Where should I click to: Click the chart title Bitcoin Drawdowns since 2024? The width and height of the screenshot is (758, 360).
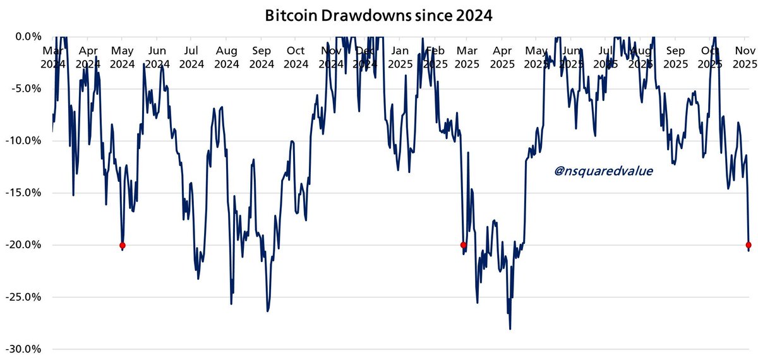click(x=378, y=16)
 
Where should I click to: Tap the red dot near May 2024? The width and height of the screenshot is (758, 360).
click(x=123, y=245)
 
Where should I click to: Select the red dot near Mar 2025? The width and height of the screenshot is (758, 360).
click(x=464, y=245)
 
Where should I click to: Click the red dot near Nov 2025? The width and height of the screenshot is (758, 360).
click(x=749, y=245)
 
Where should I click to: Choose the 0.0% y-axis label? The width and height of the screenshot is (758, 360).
click(x=28, y=36)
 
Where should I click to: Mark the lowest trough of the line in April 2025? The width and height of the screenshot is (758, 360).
click(x=510, y=328)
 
